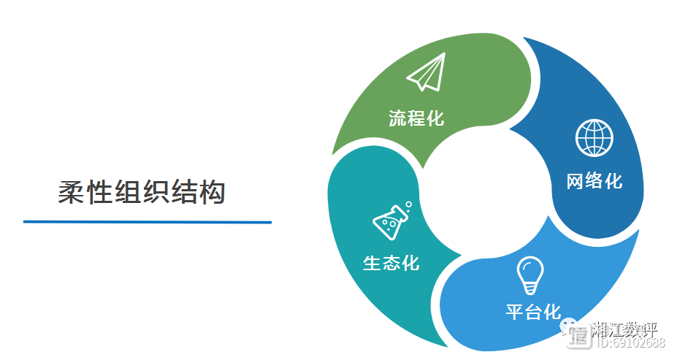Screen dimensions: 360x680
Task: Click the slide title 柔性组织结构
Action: (142, 192)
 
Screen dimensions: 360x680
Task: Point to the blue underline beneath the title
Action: (147, 221)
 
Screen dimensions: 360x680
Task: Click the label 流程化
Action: (416, 118)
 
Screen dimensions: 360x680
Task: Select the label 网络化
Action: (595, 180)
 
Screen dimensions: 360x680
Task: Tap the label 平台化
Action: (533, 313)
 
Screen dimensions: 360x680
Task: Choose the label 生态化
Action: (391, 263)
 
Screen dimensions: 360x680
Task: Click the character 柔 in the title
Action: (72, 192)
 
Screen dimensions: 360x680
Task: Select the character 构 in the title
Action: (212, 192)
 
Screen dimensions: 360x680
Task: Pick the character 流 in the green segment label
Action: (398, 118)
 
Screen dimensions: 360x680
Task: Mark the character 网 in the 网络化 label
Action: (576, 180)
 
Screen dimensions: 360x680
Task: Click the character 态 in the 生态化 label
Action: (391, 263)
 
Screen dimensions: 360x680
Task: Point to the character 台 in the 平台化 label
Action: (533, 313)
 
